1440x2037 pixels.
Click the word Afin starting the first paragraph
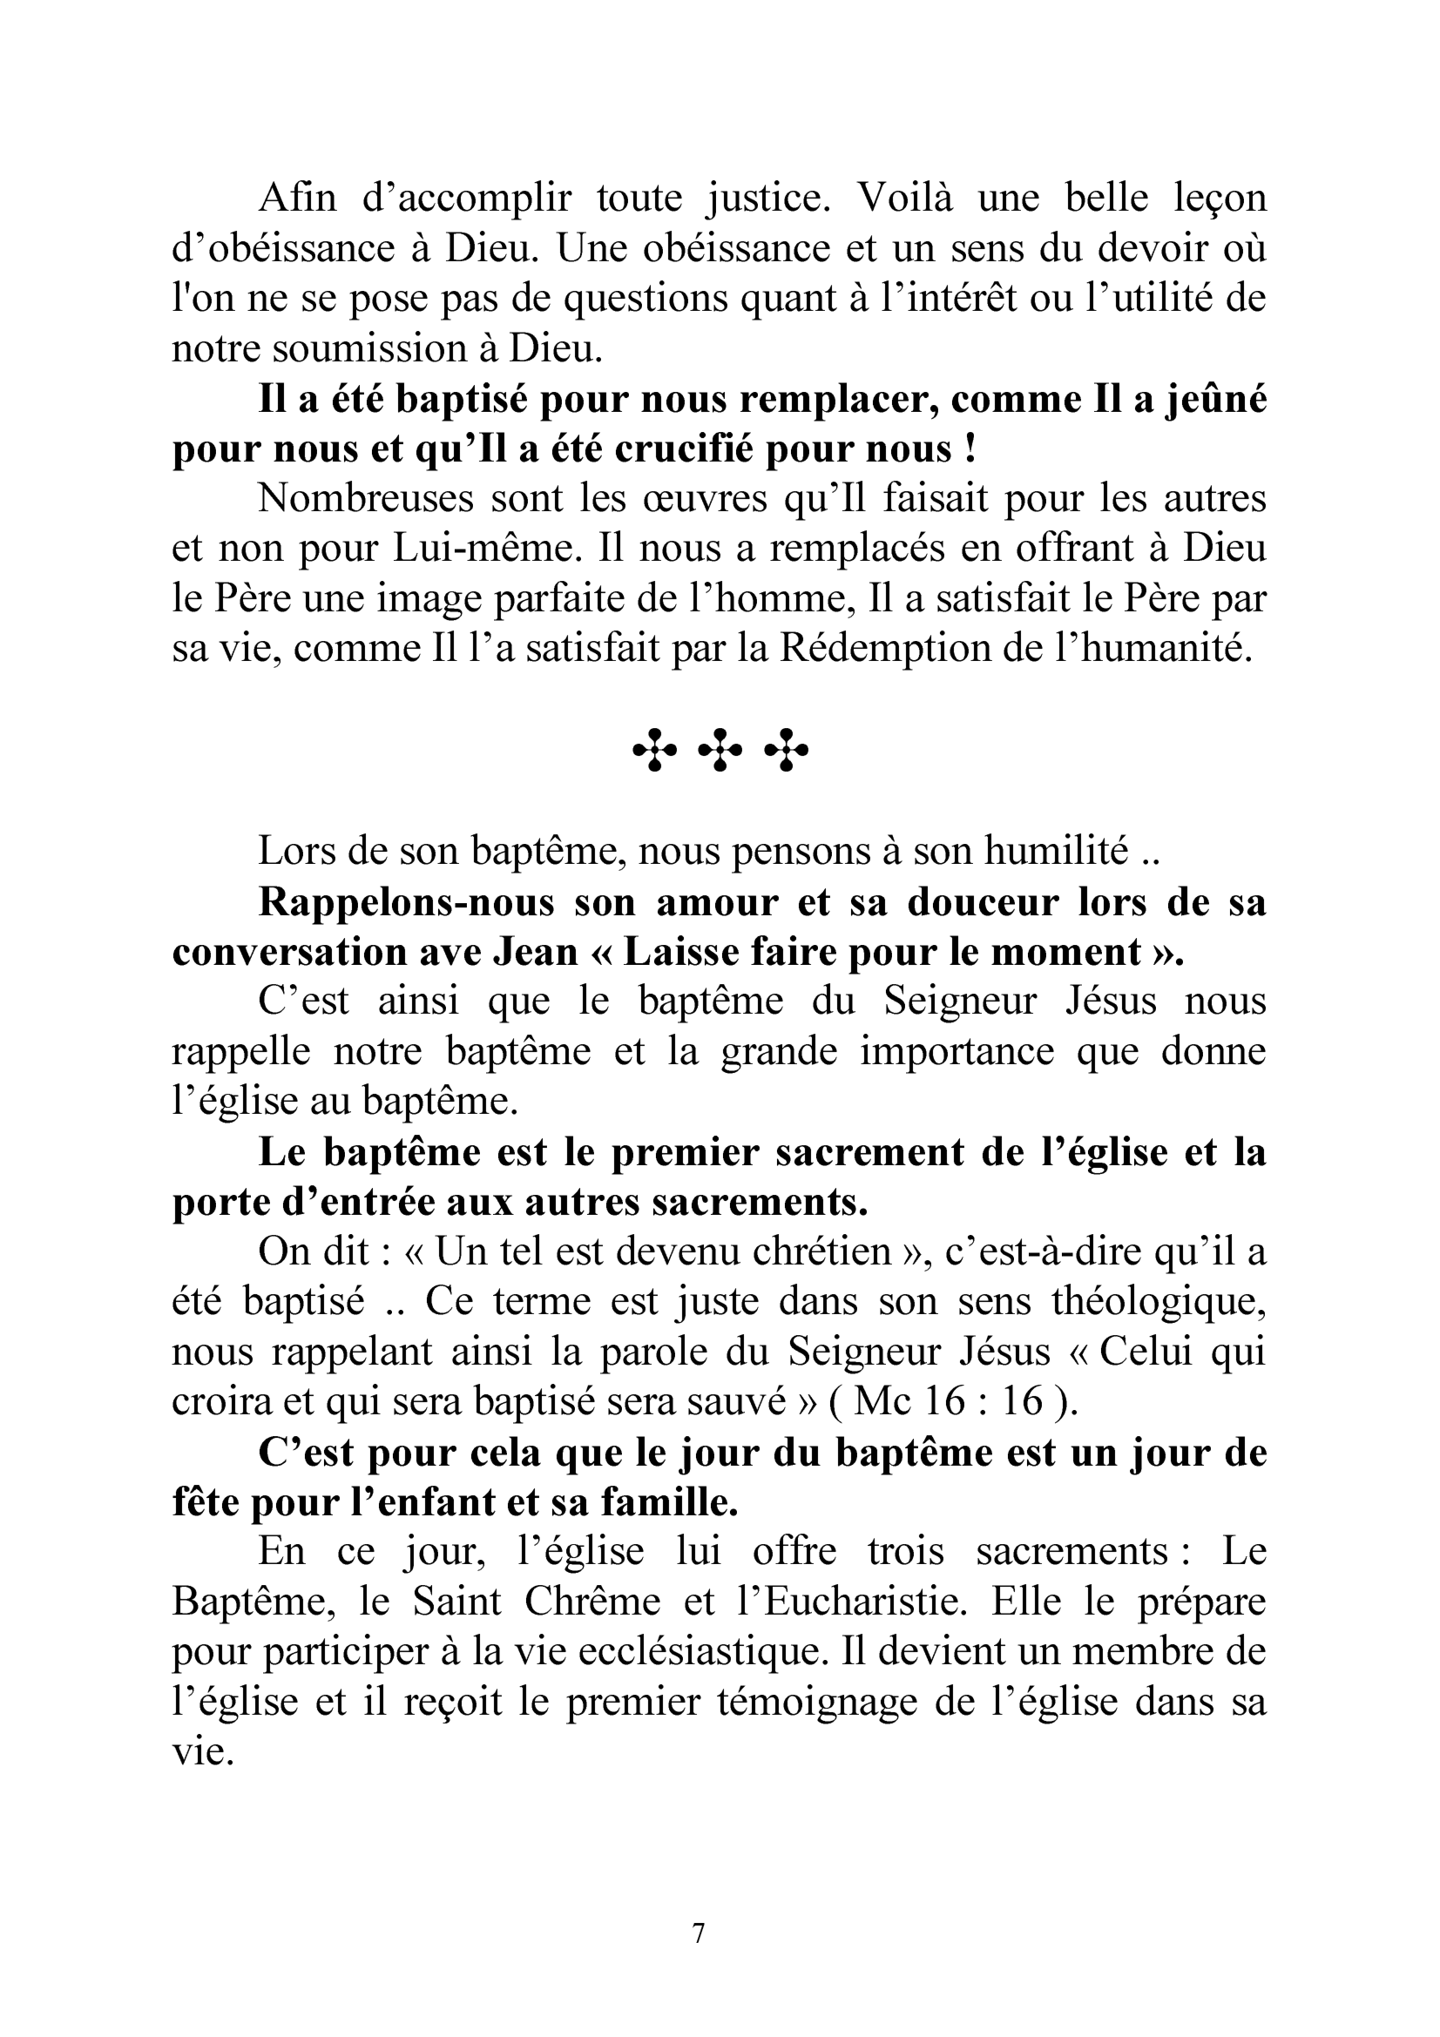point(297,197)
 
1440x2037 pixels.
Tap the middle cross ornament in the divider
point(720,751)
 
